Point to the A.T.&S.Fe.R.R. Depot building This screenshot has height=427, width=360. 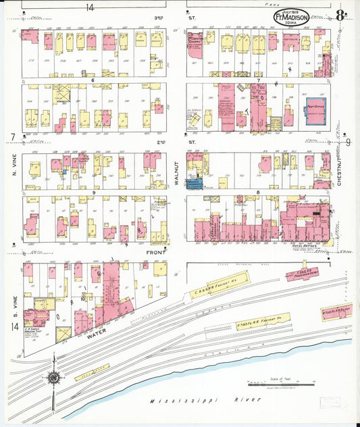coord(336,311)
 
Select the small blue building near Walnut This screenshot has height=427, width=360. coord(195,184)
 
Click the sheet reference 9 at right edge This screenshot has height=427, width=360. coord(349,141)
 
